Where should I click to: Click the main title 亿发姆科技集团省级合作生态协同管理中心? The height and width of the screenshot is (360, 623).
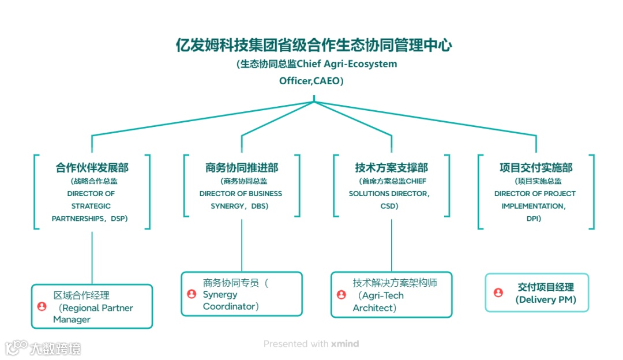(314, 46)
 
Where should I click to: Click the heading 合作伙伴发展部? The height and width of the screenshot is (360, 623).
(92, 168)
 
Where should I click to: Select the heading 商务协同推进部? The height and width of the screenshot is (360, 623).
(241, 168)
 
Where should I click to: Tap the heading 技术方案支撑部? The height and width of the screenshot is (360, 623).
(391, 168)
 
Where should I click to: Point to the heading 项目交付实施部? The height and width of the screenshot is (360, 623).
(536, 168)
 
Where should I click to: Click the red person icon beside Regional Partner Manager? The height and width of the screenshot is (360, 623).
(42, 307)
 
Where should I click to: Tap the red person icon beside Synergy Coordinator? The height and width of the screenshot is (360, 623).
(192, 294)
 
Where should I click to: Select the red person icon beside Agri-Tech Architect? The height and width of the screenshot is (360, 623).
(341, 295)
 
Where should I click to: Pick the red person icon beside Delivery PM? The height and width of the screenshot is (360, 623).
(498, 292)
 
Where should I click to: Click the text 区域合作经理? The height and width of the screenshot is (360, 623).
(81, 295)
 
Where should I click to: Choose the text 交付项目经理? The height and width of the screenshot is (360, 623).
(546, 287)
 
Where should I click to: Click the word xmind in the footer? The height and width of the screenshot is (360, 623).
(345, 344)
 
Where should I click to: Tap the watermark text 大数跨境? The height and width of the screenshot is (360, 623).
(56, 348)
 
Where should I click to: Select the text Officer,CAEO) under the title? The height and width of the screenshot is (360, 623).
(311, 81)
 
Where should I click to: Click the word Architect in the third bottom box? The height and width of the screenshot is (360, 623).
(373, 307)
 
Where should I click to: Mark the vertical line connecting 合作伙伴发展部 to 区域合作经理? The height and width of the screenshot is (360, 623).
(92, 257)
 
